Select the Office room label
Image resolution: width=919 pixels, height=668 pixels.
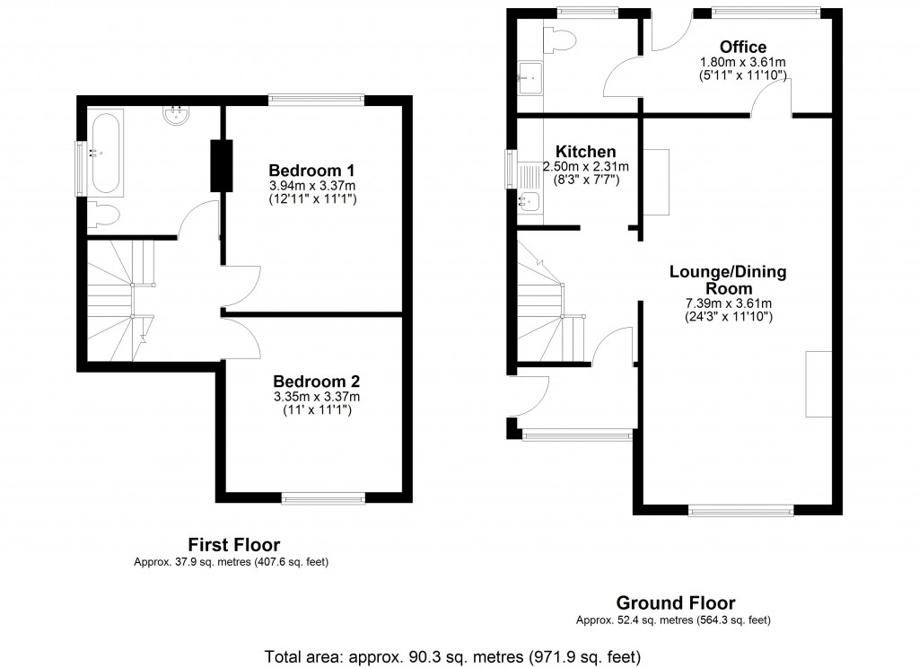(743, 48)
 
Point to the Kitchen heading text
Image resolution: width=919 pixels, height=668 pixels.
(585, 152)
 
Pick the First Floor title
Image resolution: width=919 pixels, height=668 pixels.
(233, 544)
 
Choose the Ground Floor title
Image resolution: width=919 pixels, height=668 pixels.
(675, 603)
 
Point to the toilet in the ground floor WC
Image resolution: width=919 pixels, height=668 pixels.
(563, 39)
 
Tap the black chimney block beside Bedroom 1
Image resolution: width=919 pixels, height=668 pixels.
(220, 165)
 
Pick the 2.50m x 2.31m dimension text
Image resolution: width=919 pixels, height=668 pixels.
(585, 166)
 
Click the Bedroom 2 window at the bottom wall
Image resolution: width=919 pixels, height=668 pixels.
(323, 497)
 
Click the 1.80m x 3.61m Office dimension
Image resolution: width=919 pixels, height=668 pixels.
(743, 63)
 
